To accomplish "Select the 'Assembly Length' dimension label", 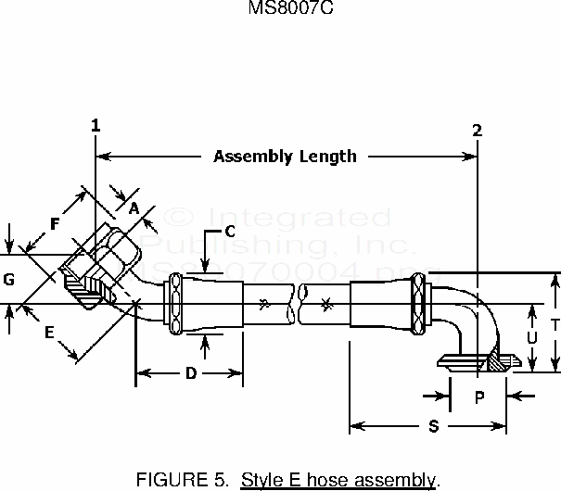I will (285, 156).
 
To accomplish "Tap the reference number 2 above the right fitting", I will (477, 130).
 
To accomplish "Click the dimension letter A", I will (134, 209).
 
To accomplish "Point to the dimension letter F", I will (55, 223).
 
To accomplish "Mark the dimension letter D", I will (190, 374).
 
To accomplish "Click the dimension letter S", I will (434, 427).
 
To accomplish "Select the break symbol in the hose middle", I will (298, 303).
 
